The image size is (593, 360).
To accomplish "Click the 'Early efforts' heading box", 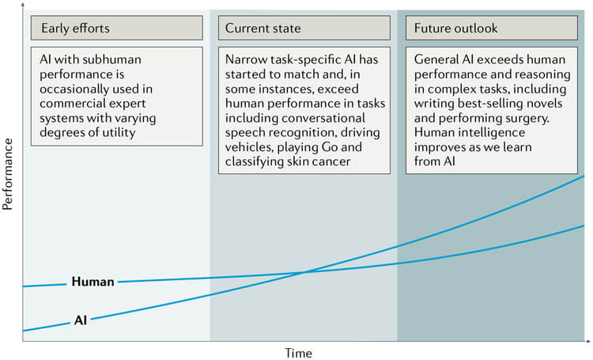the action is (x=117, y=28).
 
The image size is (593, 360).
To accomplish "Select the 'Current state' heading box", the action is (x=304, y=28).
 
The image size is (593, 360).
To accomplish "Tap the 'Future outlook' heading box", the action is (x=492, y=28).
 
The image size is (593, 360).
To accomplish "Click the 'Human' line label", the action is (x=93, y=282).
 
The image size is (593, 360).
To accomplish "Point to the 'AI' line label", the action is (x=81, y=320).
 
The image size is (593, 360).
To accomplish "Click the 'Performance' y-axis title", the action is (x=8, y=174).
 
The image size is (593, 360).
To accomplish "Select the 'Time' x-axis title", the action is (x=298, y=353).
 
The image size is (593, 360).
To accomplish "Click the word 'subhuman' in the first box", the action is (x=111, y=59).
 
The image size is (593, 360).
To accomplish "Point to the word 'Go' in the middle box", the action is (x=330, y=147).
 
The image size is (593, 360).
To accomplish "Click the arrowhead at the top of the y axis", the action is (x=23, y=5).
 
